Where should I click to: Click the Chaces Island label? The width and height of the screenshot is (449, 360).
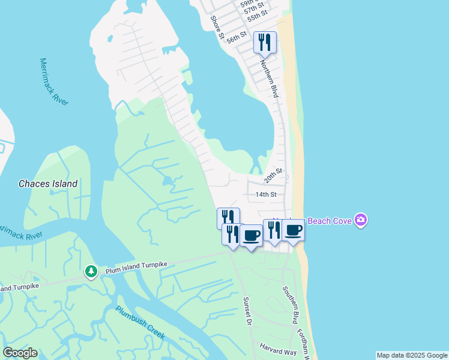48,184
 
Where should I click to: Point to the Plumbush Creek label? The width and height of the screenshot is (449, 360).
140,322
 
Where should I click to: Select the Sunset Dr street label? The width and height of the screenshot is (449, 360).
246,310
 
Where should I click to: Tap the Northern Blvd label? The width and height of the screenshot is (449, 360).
269,74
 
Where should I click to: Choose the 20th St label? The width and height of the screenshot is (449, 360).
273,176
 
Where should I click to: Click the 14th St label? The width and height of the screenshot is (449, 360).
265,194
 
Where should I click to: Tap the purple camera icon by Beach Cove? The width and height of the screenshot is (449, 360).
361,220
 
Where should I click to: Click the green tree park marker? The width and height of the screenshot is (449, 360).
91,272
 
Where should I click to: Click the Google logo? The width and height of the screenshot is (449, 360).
20,353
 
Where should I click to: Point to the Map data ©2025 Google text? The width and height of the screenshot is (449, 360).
412,355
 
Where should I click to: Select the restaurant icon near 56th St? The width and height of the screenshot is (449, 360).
265,42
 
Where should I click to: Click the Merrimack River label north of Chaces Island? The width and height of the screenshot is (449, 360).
54,82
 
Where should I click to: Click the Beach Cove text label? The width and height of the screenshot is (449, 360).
330,221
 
